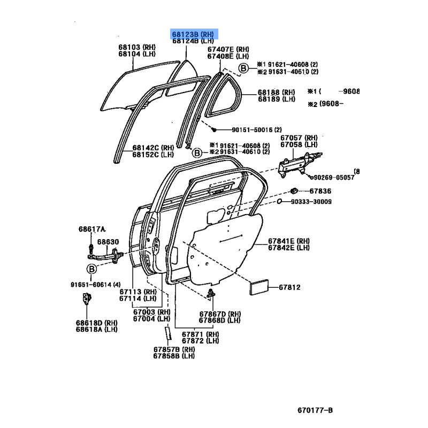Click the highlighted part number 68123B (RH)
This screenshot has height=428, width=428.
pyautogui.click(x=193, y=33)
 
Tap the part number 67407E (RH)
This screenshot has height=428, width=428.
pyautogui.click(x=228, y=49)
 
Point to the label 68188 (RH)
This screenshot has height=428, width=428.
pyautogui.click(x=276, y=92)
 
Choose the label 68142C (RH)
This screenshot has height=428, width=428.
pyautogui.click(x=154, y=148)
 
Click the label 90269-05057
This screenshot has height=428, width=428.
pyautogui.click(x=334, y=177)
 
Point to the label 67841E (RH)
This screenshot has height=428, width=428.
pyautogui.click(x=289, y=241)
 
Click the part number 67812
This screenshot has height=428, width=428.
pyautogui.click(x=289, y=288)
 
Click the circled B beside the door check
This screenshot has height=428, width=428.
pyautogui.click(x=91, y=269)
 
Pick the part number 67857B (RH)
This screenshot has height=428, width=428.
pyautogui.click(x=174, y=349)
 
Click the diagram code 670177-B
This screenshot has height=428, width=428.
pyautogui.click(x=316, y=411)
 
